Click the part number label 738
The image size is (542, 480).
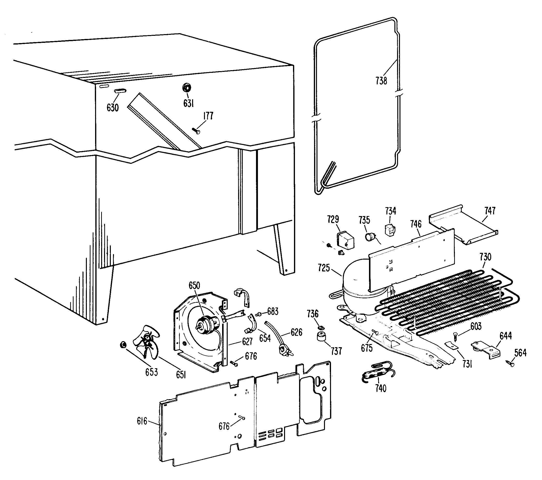[x=381, y=80]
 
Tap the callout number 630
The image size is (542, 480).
[x=113, y=107]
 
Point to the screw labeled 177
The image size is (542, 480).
[x=196, y=131]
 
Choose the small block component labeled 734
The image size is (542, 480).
[x=390, y=230]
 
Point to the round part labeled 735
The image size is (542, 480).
[x=369, y=237]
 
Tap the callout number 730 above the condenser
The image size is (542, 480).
[x=485, y=257]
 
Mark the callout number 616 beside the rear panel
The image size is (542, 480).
[x=142, y=421]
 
